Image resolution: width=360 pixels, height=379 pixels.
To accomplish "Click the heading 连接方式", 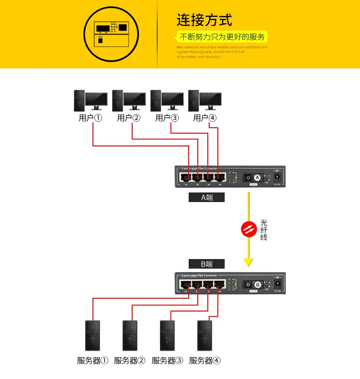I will [204, 20].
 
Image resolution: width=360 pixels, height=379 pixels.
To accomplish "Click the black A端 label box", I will [207, 197].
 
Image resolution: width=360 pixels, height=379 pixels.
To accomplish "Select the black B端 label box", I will [207, 264].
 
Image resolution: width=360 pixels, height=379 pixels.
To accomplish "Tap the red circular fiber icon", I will [248, 229].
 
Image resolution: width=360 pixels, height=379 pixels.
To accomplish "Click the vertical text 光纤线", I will [263, 230].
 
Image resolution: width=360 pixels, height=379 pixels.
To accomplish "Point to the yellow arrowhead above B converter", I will [248, 262].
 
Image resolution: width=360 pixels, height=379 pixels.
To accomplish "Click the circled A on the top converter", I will [257, 177].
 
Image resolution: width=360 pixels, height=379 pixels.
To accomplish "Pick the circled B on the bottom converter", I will [257, 284].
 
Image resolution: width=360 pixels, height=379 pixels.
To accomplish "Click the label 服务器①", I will [93, 361].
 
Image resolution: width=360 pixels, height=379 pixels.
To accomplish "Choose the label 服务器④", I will [205, 361].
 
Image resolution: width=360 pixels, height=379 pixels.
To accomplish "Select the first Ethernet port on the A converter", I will [185, 177].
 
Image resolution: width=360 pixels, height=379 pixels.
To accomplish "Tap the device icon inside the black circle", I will [112, 34].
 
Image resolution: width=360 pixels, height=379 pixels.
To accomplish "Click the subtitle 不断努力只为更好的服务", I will [222, 37].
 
